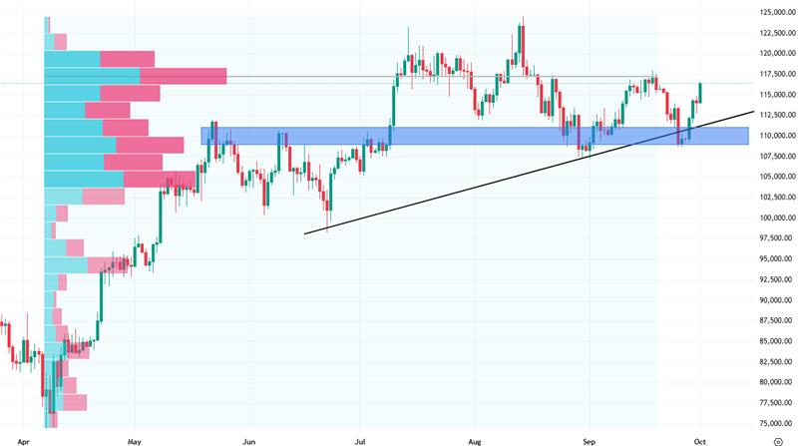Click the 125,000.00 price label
(775, 12)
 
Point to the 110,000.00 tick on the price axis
(775, 136)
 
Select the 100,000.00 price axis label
(775, 218)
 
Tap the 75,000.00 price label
(775, 423)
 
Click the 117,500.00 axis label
(775, 74)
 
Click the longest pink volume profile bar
(184, 75)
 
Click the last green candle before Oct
(700, 92)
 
